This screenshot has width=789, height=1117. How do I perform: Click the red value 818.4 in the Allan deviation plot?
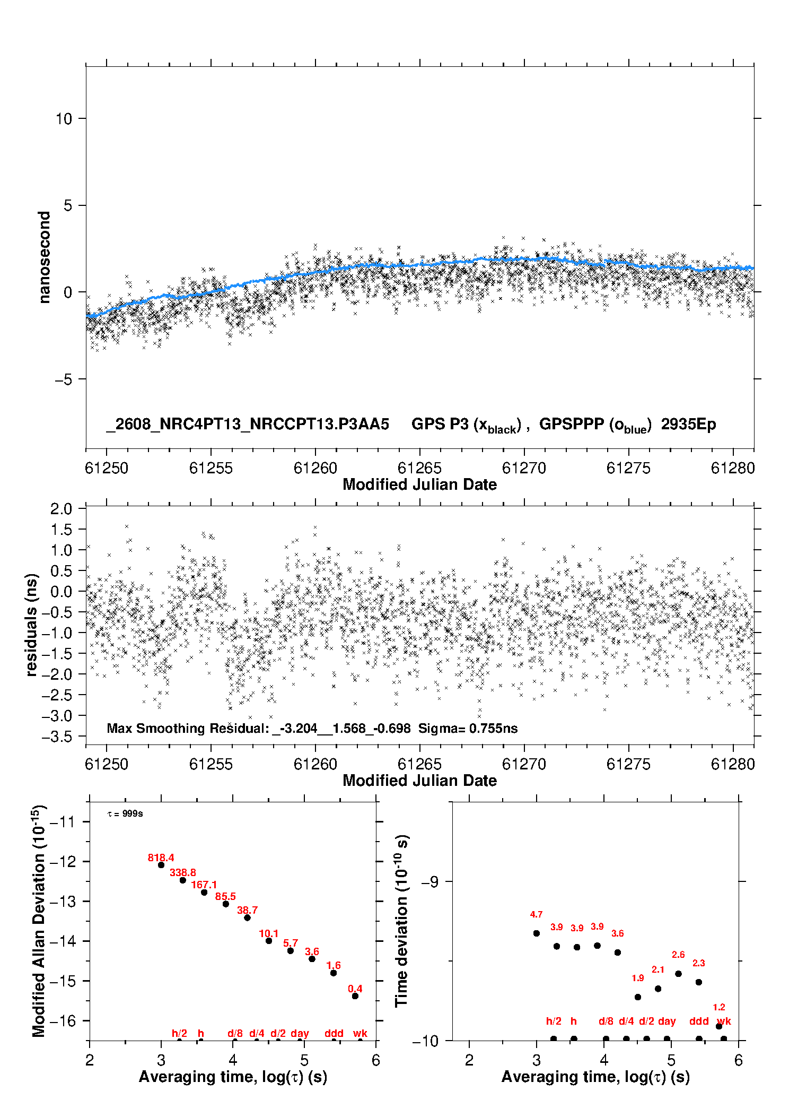point(161,858)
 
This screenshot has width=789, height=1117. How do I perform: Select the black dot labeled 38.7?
point(247,917)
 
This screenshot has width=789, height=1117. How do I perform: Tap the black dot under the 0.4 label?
point(355,996)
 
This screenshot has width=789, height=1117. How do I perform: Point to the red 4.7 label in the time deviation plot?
point(536,914)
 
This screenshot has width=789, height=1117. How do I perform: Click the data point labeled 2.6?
point(678,974)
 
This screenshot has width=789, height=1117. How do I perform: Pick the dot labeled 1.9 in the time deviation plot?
point(638,997)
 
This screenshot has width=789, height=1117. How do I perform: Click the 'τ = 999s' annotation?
point(125,813)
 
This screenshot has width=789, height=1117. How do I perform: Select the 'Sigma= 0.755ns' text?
point(468,728)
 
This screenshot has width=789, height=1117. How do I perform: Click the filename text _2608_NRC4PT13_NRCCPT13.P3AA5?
point(248,424)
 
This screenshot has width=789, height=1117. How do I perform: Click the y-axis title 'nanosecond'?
point(45,257)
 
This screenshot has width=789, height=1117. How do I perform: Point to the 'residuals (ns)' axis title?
point(32,625)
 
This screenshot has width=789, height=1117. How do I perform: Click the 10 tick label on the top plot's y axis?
point(64,119)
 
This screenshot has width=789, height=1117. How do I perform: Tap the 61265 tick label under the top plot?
point(419,468)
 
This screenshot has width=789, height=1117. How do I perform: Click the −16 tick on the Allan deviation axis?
point(63,1020)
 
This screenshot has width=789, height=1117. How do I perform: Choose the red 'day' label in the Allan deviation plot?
point(300,1034)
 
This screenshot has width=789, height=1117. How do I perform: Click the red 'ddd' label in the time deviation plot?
point(699,1021)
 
